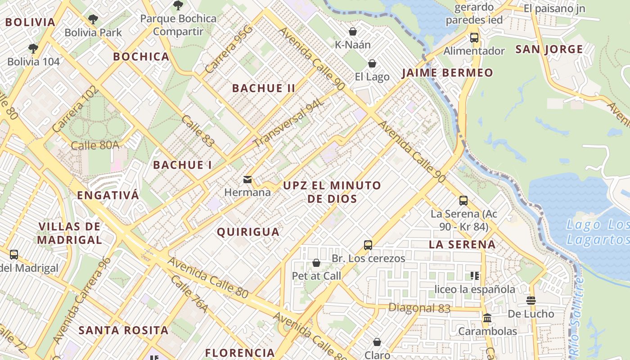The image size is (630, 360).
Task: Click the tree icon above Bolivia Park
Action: tap(93, 19)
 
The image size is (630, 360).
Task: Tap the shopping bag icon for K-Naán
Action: tap(353, 31)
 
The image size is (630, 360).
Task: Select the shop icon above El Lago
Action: tap(372, 63)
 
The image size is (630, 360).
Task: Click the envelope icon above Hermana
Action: tap(247, 180)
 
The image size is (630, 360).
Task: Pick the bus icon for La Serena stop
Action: tap(463, 201)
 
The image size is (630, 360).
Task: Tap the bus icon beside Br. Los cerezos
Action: tap(368, 245)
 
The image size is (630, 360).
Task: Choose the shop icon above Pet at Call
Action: tap(316, 263)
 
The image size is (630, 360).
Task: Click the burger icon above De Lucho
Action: tap(531, 301)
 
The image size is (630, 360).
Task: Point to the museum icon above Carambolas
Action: tap(487, 319)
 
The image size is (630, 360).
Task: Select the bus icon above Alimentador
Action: tap(474, 38)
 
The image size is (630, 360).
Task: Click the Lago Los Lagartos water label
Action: tap(598, 232)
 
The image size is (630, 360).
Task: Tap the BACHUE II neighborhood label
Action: tap(264, 88)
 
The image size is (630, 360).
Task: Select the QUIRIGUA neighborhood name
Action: tap(248, 232)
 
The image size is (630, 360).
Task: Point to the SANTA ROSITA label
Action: tap(123, 330)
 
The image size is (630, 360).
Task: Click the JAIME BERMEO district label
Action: tap(447, 73)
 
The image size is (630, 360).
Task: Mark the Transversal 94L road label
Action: tap(289, 123)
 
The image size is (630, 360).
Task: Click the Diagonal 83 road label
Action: tap(419, 308)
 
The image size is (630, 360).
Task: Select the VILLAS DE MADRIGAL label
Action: tap(69, 233)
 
